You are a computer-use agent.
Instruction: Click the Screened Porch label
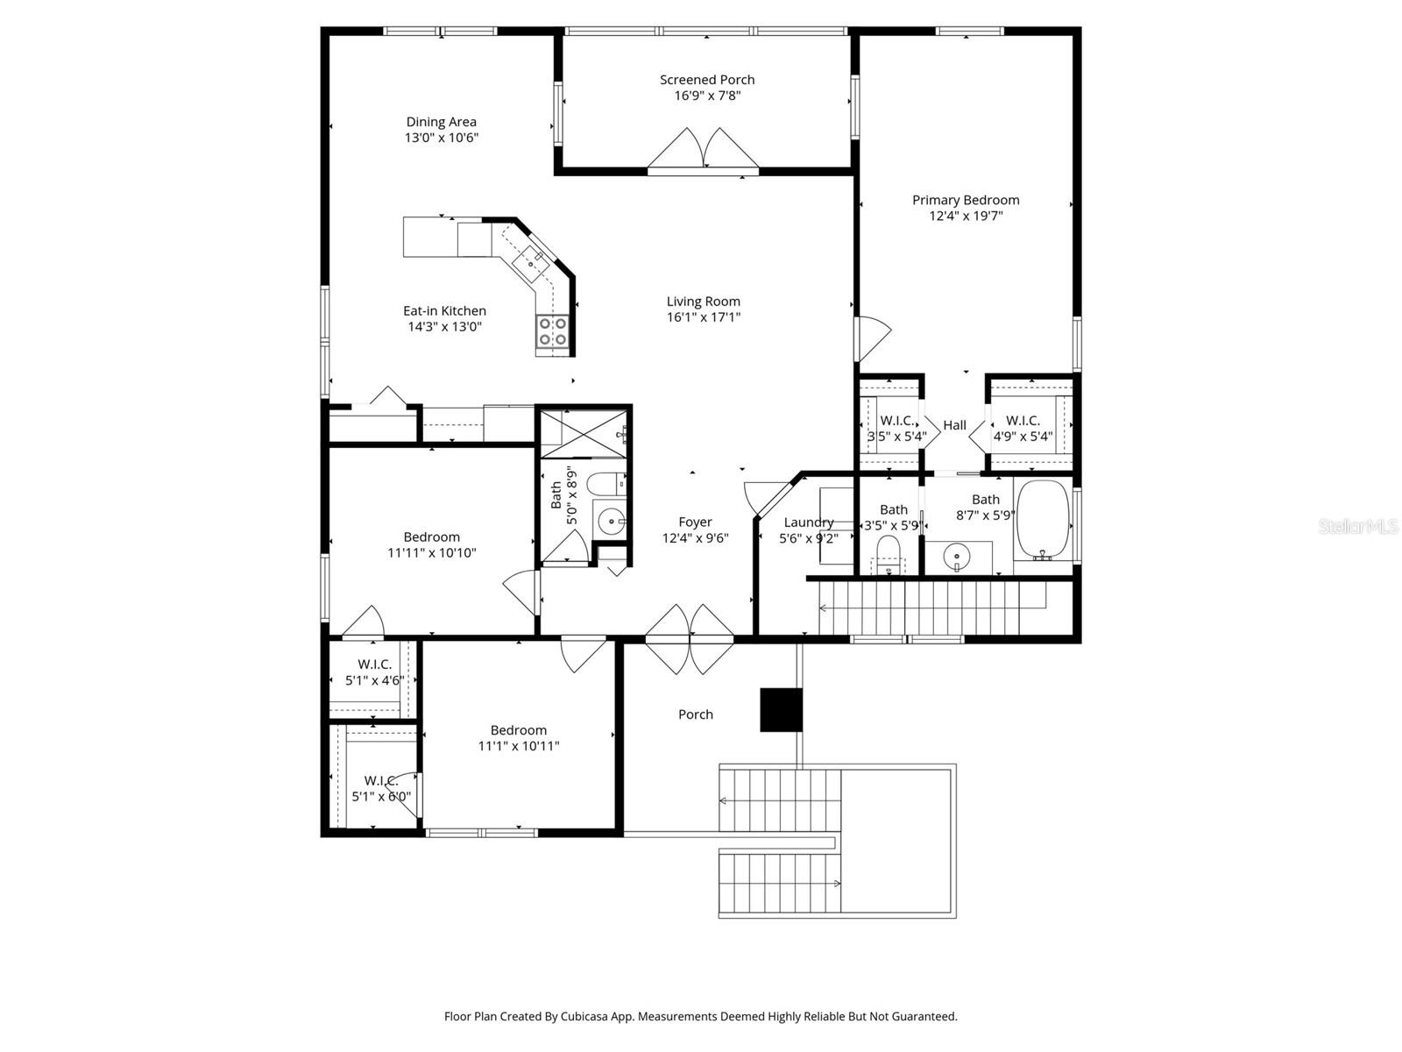(707, 80)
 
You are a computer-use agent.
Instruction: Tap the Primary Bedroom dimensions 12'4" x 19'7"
(966, 216)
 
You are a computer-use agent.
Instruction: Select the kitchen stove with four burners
(553, 332)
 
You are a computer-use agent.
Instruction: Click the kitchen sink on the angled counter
(534, 259)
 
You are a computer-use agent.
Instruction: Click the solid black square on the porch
(781, 709)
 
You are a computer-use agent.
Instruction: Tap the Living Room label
(703, 302)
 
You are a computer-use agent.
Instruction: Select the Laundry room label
(808, 522)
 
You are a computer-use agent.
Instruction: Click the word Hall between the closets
(954, 425)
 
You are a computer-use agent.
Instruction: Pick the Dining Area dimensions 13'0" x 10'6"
(441, 138)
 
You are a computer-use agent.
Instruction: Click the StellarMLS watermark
(1358, 527)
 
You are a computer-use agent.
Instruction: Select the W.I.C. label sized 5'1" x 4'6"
(374, 665)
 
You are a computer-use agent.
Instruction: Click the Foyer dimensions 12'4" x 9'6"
(695, 538)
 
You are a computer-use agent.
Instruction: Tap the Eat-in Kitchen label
(444, 310)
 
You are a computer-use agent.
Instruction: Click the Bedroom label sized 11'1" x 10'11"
(518, 730)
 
